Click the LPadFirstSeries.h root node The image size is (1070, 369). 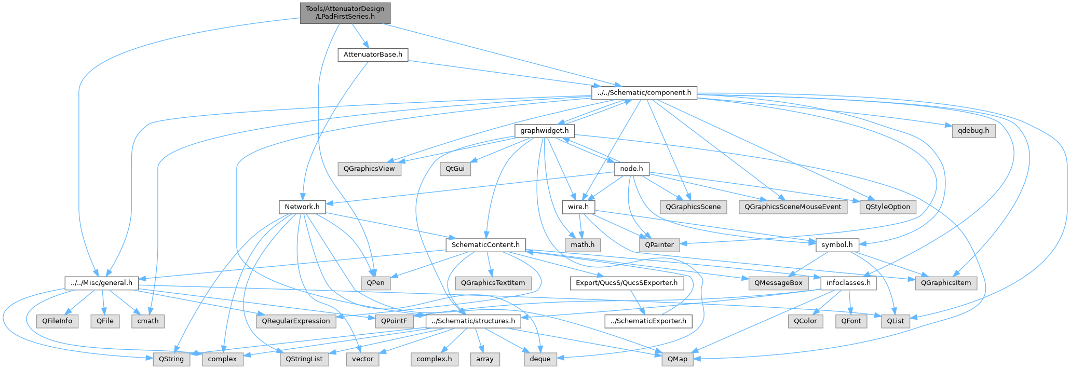coord(345,12)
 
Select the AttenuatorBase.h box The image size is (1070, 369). coord(373,54)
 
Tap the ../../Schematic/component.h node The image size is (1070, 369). coord(644,93)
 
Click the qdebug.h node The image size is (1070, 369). coord(973,131)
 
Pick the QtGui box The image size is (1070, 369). coord(455,169)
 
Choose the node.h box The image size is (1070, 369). coord(631,169)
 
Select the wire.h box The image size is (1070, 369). coord(578,207)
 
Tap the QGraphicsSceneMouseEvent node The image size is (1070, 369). coord(793,207)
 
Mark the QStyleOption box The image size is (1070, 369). coord(888,207)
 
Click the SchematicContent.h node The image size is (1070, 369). coord(485,244)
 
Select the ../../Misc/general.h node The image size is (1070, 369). coord(101,283)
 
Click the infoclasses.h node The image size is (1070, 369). coord(848,283)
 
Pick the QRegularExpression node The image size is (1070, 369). coord(296,321)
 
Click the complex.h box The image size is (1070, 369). coord(435,359)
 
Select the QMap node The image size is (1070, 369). coord(678,359)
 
